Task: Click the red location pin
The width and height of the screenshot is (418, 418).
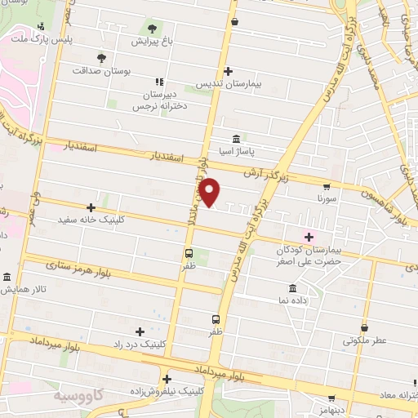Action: [x=211, y=192]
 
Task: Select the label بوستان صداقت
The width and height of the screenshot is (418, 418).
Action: [x=103, y=70]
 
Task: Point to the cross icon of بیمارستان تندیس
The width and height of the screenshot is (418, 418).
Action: [x=228, y=71]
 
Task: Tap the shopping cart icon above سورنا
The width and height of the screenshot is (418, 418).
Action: [x=327, y=185]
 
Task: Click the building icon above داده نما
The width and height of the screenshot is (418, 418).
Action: [x=292, y=288]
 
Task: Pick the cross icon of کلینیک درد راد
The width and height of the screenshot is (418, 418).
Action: [x=140, y=331]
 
